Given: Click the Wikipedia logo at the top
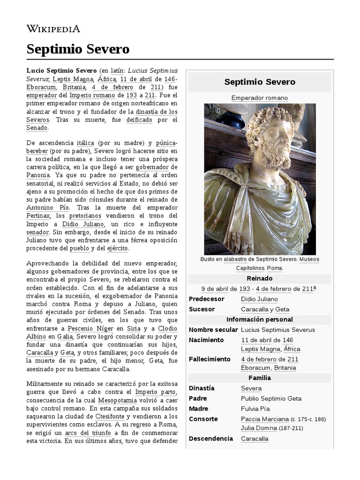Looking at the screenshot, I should click(53, 29).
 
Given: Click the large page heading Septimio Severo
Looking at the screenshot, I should click(78, 49).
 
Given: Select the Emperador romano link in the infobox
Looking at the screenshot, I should click(259, 98).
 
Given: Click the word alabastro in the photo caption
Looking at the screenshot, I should click(239, 259).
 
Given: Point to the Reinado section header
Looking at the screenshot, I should click(259, 278).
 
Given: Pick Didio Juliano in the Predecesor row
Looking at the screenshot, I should click(259, 299).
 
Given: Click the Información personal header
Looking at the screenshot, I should click(259, 320).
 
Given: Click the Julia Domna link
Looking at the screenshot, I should click(259, 428).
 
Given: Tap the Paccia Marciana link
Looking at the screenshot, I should click(264, 419).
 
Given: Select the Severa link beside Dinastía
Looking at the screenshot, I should click(251, 389).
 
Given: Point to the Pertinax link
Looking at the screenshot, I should click(38, 216).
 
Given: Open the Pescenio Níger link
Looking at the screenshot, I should click(90, 328).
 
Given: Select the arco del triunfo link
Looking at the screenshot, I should click(83, 433).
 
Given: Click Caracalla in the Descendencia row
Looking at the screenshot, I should click(255, 439).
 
